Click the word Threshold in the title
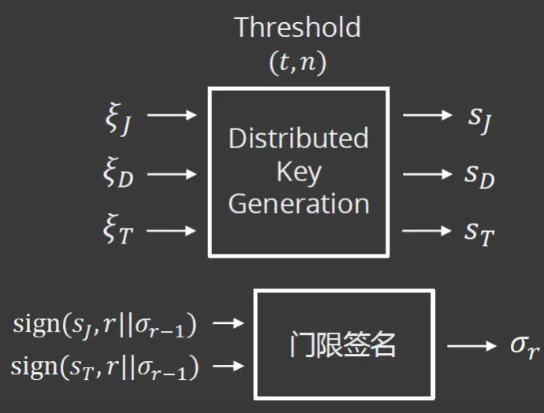coord(298,28)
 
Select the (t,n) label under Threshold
coord(298,63)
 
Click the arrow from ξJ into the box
coord(172,116)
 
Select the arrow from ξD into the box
coord(172,173)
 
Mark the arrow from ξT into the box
coord(172,231)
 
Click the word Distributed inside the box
coord(299,139)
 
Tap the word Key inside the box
coord(299,171)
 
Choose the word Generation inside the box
coord(299,203)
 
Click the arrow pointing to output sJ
coord(428,116)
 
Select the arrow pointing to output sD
coord(428,173)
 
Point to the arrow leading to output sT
coord(428,231)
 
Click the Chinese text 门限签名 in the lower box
coord(343,344)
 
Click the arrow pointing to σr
coord(471,345)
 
